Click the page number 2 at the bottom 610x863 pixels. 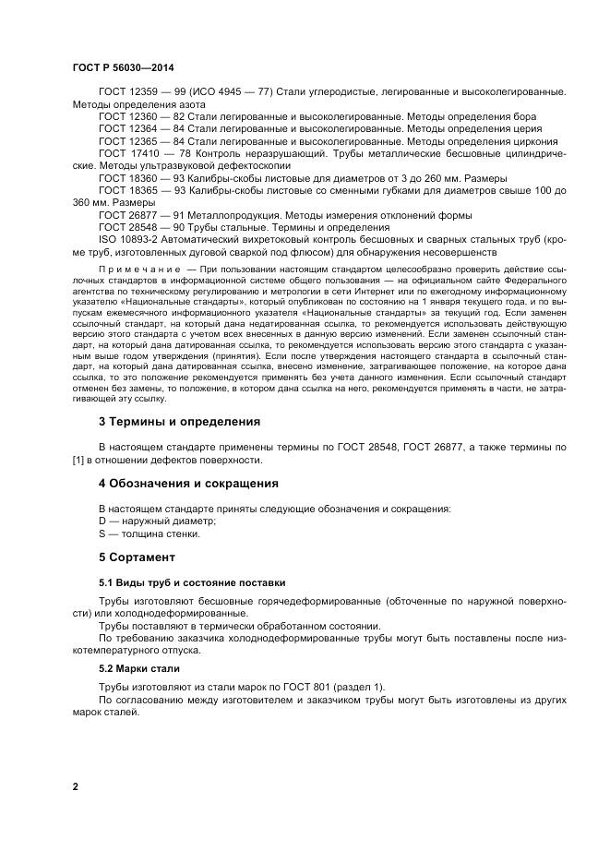pyautogui.click(x=75, y=786)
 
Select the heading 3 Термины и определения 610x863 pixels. pyautogui.click(x=179, y=421)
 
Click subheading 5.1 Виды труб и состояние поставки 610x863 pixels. pyautogui.click(x=192, y=582)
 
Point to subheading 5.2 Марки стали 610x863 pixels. pyautogui.click(x=138, y=667)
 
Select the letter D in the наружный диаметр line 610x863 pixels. pyautogui.click(x=102, y=521)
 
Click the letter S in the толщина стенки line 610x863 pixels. pyautogui.click(x=102, y=533)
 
